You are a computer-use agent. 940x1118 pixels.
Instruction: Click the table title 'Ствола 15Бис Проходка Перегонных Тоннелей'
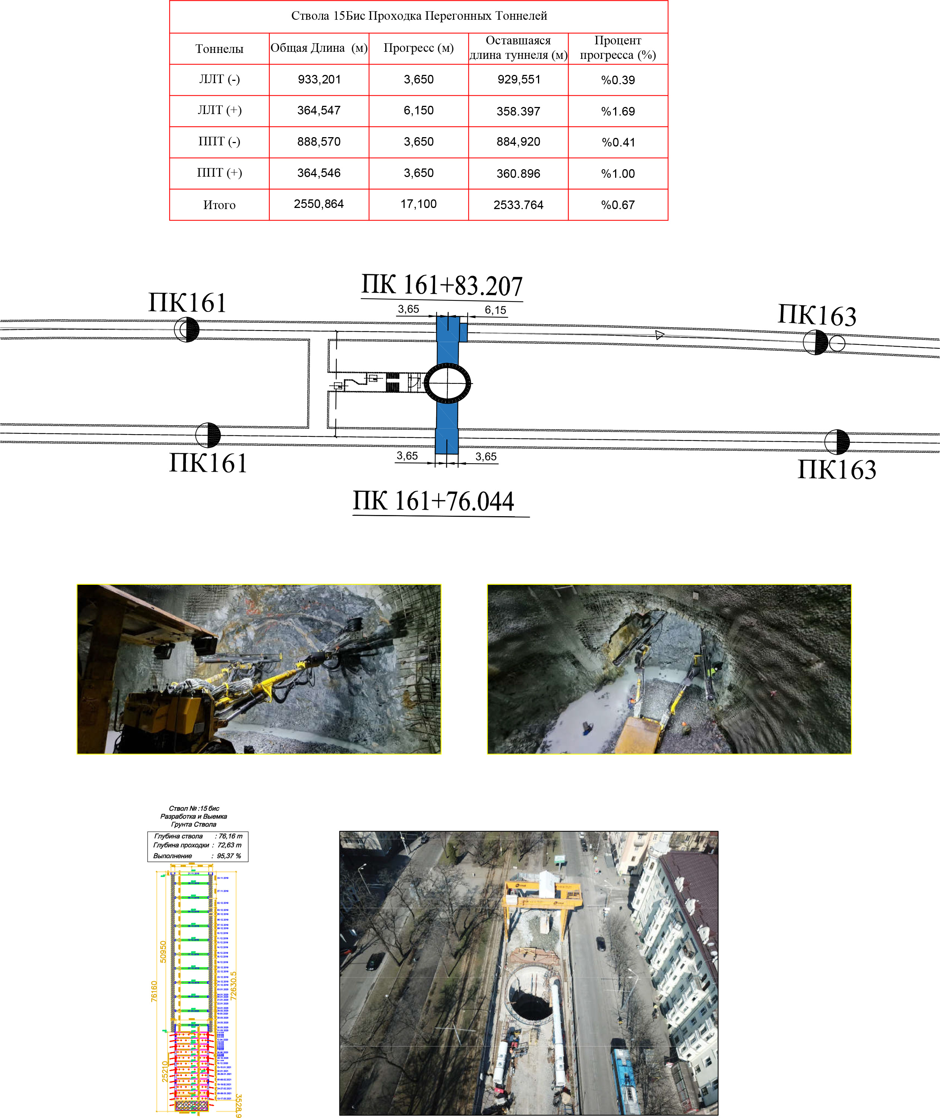coord(419,16)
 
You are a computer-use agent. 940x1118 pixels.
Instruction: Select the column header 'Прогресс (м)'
coord(418,48)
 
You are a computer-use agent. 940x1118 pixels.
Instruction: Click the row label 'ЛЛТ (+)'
coord(219,111)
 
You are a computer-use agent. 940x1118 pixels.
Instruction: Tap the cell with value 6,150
coord(418,111)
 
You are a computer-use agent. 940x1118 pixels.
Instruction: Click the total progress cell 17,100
coord(418,204)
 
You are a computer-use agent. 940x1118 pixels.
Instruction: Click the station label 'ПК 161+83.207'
coord(442,285)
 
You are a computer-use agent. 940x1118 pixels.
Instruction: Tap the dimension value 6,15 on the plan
coord(495,310)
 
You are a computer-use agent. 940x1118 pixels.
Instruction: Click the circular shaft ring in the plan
coord(447,383)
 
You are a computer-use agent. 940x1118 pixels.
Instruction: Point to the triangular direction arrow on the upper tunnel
coord(660,335)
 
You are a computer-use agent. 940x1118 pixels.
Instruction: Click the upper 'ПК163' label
coord(817,316)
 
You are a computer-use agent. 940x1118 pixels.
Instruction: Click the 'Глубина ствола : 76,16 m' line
coord(198,836)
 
